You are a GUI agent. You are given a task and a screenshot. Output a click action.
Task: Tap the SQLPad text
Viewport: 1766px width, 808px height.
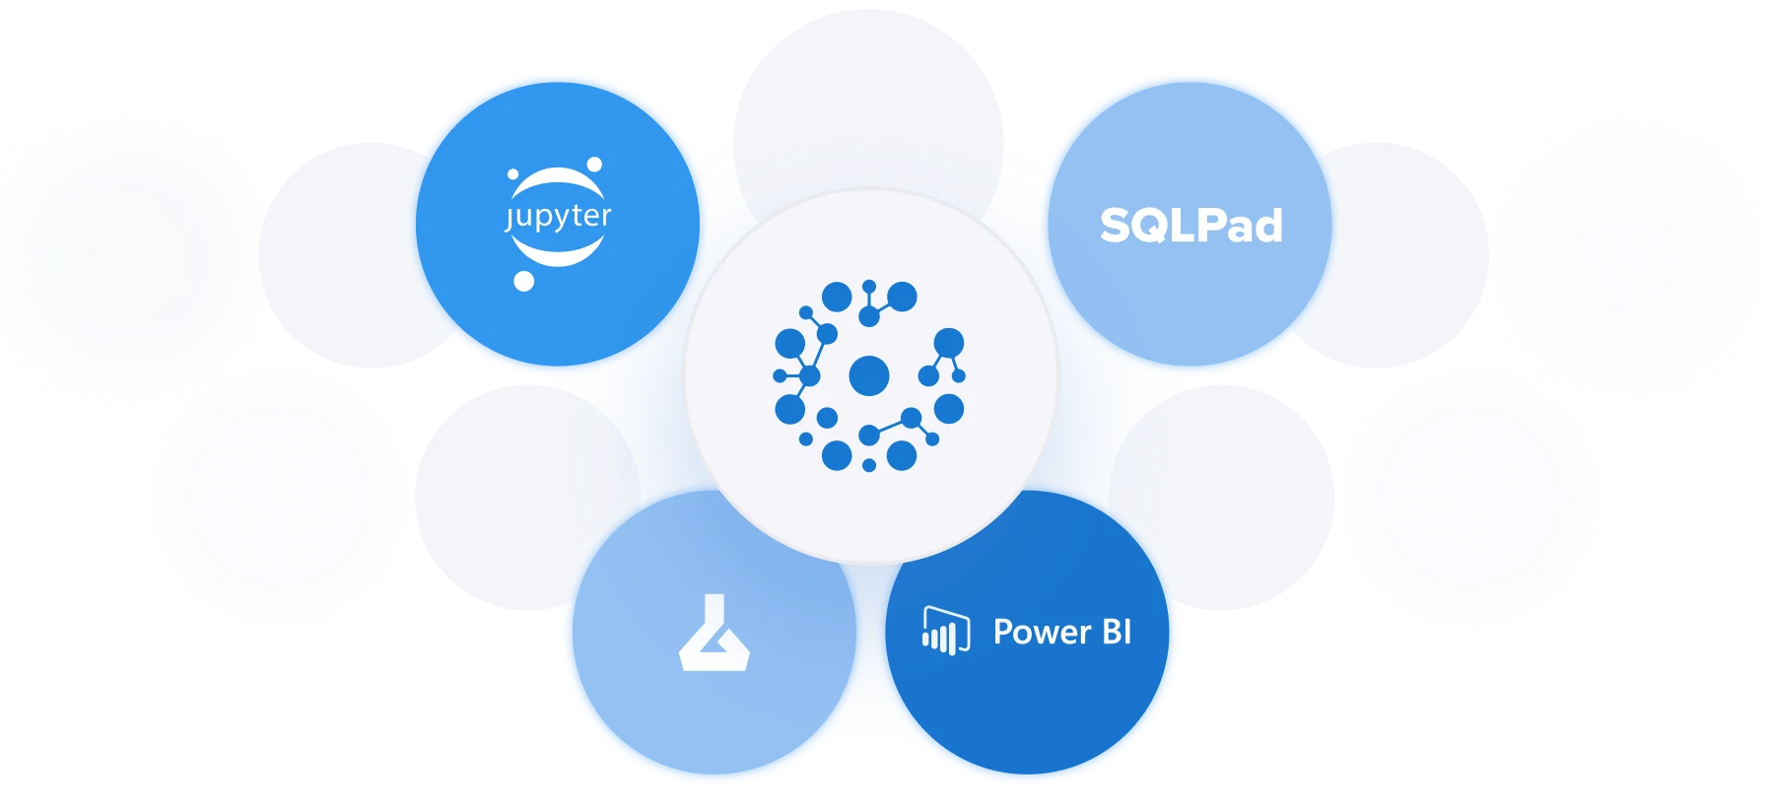(1190, 226)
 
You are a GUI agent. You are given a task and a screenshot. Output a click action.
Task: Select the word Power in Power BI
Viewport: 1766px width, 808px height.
(1042, 632)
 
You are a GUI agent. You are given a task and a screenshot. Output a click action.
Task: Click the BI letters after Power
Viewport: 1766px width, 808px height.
(1117, 632)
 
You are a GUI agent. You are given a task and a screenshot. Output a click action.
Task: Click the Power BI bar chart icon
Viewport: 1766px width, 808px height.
(946, 631)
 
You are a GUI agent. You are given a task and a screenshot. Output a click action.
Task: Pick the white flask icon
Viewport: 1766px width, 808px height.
(714, 633)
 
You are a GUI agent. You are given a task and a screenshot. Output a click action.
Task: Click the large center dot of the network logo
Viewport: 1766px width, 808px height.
(868, 375)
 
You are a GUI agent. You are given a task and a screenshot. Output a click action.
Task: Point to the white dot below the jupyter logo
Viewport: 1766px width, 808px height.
(524, 282)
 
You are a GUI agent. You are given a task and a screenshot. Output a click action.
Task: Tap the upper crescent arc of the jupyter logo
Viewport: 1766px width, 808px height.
(558, 182)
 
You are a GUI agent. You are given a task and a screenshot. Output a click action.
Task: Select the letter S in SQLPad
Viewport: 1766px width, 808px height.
(1117, 226)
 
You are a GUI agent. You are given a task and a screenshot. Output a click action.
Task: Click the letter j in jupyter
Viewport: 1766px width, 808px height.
(509, 219)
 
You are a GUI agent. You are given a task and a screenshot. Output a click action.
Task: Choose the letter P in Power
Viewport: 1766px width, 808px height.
(1003, 632)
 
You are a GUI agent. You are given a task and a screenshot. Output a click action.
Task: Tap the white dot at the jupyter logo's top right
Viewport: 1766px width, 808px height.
(594, 165)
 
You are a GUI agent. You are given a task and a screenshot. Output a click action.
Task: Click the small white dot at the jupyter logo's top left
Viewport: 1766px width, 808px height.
(512, 174)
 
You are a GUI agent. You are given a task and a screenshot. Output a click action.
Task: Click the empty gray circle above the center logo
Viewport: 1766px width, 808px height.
(868, 108)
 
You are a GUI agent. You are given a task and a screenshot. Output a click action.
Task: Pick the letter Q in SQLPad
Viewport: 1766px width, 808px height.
(1157, 227)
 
